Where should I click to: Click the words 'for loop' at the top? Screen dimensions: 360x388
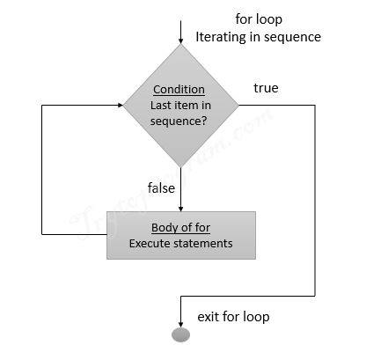[x=259, y=18]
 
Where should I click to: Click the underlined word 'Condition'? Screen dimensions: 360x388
[x=179, y=90]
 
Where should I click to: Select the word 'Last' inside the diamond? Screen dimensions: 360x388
[x=163, y=106]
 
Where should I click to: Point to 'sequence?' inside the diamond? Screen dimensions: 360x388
[x=179, y=121]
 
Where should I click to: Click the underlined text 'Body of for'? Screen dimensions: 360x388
[x=179, y=227]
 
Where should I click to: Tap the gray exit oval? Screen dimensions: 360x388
[x=180, y=334]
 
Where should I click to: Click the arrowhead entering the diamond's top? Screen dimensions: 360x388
[x=180, y=40]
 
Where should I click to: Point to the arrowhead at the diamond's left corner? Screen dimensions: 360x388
[x=118, y=105]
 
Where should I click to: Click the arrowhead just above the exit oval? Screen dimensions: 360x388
[x=180, y=323]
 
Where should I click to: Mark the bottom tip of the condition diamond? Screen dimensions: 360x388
[x=180, y=167]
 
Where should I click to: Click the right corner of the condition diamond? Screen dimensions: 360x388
[x=238, y=105]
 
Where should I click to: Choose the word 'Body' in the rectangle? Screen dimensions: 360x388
[x=160, y=227]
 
